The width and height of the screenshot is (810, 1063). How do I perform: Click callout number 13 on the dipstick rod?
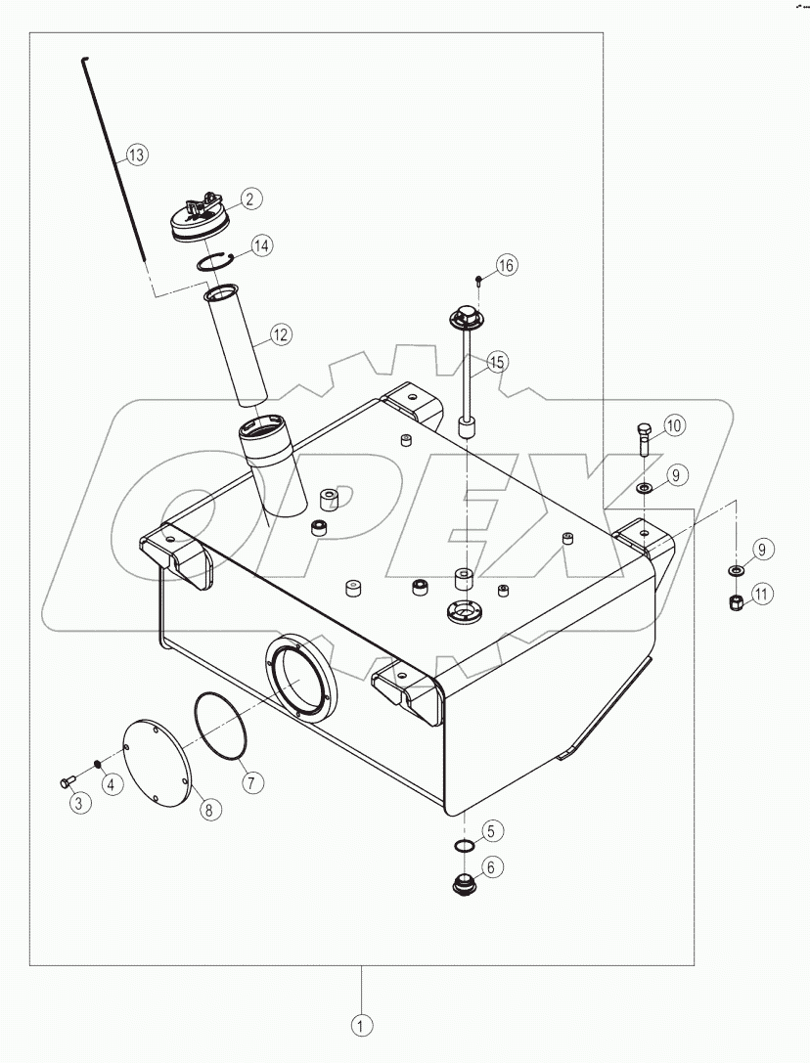135,155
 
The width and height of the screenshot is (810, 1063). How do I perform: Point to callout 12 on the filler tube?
281,335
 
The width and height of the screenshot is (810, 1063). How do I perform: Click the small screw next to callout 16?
478,280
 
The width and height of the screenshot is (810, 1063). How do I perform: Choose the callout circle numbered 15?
497,362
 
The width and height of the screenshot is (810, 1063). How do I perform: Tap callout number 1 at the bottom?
363,1026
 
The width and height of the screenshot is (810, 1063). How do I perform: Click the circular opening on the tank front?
301,677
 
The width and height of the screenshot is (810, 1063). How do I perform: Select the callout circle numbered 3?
79,802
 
